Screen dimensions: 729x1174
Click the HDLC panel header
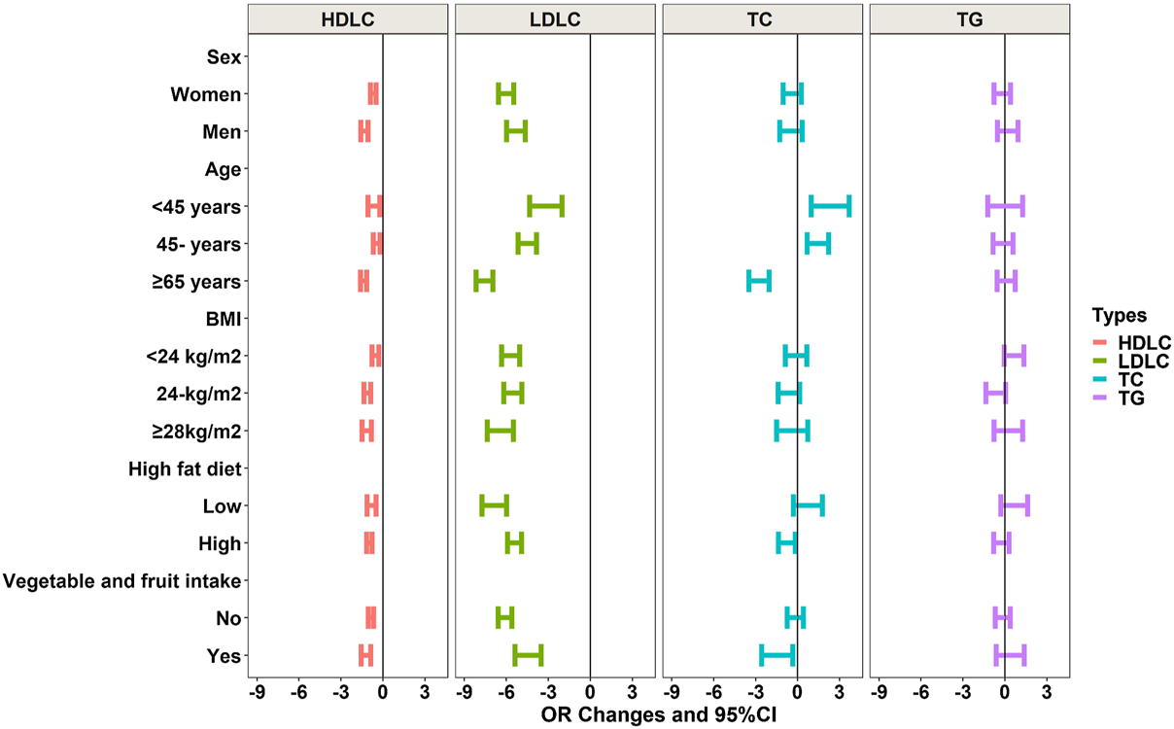coord(347,18)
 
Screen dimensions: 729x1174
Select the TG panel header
coord(969,18)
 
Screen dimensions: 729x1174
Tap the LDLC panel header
coord(554,18)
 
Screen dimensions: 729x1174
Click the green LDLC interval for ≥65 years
coord(484,281)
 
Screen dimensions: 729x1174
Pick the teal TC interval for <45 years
coord(830,206)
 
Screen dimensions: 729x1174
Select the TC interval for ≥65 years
coord(758,281)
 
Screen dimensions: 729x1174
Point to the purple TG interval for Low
coord(1014,505)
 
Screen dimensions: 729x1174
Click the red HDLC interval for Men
coord(364,131)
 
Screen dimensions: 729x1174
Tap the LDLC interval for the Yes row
coord(528,655)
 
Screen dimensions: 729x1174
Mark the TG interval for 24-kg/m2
coord(995,393)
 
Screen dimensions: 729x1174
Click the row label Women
coord(205,94)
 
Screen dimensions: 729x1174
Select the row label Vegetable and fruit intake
coord(121,581)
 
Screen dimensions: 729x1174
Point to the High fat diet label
coord(184,469)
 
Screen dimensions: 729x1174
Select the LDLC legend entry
coord(1143,362)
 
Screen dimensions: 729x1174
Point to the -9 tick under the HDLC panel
coord(258,693)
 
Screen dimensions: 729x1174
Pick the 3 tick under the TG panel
coord(1047,693)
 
